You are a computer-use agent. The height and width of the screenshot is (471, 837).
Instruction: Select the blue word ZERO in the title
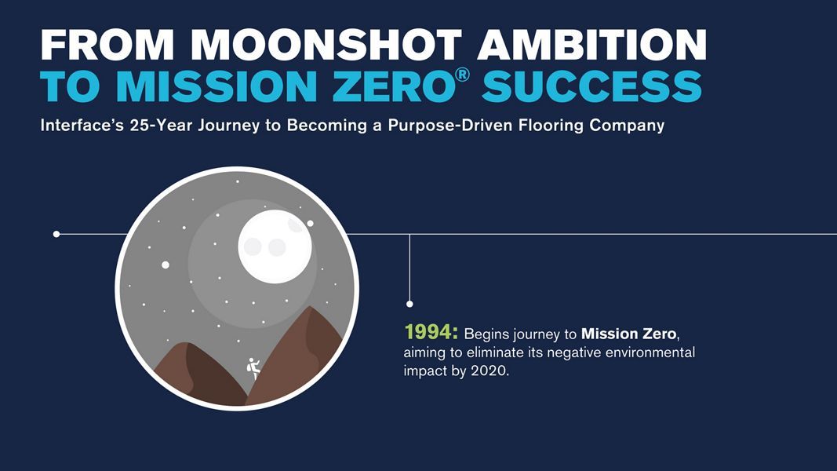[394, 86]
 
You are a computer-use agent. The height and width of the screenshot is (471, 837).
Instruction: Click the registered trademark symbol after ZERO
[463, 75]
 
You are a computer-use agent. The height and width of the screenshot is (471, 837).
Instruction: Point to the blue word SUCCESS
[591, 86]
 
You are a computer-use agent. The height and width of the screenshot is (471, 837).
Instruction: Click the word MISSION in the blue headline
[217, 86]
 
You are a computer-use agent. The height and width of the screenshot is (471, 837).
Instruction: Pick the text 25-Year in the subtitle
[162, 126]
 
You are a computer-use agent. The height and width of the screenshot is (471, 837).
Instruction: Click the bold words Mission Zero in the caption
[629, 334]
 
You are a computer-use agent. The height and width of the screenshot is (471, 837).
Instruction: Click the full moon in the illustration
[275, 246]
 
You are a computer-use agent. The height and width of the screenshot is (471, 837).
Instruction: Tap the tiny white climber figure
[254, 368]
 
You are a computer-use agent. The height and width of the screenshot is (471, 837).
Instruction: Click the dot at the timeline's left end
[56, 234]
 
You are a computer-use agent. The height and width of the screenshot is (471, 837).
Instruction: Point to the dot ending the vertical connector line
[409, 304]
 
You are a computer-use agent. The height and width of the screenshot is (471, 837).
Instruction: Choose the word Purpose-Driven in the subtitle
[451, 126]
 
